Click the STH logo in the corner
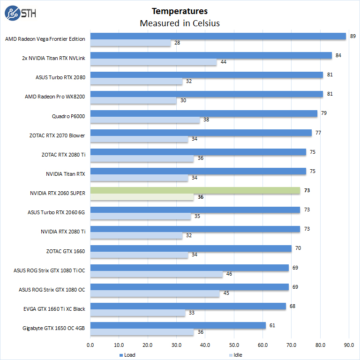tap(20, 14)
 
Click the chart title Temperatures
tap(180, 11)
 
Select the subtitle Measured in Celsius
tap(180, 23)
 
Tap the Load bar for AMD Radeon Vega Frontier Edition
tap(218, 36)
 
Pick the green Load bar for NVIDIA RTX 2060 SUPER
tap(195, 190)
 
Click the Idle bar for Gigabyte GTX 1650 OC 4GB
tap(142, 332)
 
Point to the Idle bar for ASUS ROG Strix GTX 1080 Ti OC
tap(156, 274)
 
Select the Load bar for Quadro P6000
tap(203, 113)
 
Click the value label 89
tap(353, 36)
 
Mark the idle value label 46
tap(229, 274)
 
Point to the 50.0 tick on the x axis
tap(234, 345)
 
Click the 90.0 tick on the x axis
tap(349, 345)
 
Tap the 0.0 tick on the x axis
tap(90, 345)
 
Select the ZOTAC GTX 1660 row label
tap(65, 251)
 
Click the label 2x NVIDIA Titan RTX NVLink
tap(53, 59)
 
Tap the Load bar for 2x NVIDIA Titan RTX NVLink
tap(211, 55)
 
